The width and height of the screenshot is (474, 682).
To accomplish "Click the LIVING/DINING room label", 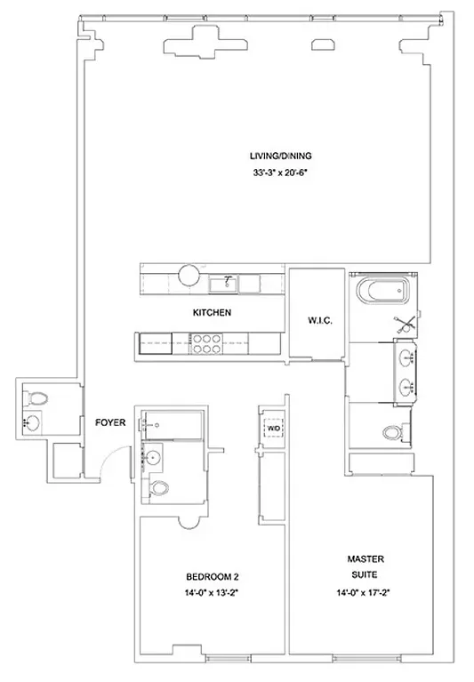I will tap(280, 156).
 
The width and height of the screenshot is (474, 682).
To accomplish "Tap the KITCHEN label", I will tap(213, 313).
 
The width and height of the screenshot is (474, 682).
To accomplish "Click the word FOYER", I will tap(109, 422).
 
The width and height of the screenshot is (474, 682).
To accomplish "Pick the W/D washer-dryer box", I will tap(274, 429).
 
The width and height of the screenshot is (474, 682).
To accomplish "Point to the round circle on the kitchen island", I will tap(190, 275).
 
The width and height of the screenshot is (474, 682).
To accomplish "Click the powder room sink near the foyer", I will tap(35, 421).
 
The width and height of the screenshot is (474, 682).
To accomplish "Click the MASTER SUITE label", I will tap(366, 566).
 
